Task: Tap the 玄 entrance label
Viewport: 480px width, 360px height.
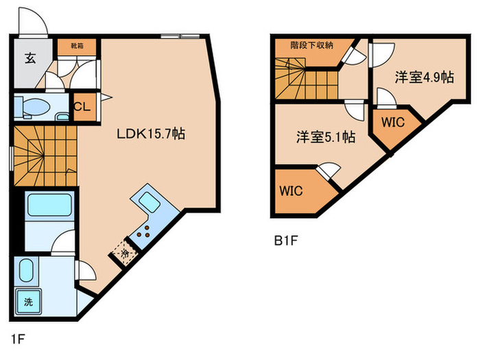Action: coord(30,58)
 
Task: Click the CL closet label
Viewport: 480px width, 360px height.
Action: coord(82,107)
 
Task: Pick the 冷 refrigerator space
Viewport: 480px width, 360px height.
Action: coord(126,253)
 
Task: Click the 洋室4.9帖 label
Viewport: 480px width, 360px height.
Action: coord(424,77)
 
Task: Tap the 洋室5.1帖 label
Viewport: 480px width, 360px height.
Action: coord(325,137)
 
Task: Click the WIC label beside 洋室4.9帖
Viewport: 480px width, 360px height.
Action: coord(394,123)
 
